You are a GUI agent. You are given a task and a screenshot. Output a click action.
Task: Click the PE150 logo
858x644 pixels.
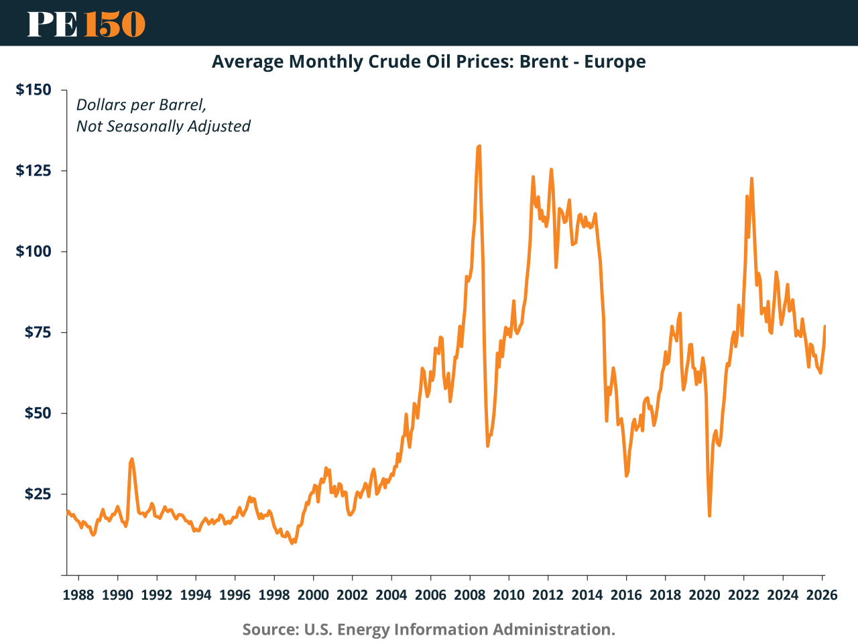86,23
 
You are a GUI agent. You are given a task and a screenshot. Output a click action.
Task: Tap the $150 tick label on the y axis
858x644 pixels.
34,89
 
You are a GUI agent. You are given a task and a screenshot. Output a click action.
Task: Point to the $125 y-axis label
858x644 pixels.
34,170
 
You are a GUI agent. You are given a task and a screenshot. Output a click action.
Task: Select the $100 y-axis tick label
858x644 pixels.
34,252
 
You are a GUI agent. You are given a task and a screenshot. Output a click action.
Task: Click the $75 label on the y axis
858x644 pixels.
38,332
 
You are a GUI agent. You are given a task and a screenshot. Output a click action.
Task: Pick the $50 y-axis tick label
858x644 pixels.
38,413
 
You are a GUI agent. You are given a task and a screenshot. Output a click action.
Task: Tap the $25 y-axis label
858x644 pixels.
38,494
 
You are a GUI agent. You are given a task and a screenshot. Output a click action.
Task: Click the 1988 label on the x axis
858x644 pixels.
78,594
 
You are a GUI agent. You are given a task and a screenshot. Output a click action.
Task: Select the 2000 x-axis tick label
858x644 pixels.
313,594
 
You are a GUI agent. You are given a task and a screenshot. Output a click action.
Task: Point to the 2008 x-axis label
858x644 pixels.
469,594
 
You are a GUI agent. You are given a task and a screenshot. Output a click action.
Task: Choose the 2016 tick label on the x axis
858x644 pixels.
626,594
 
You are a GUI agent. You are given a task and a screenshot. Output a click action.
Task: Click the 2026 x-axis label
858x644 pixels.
821,594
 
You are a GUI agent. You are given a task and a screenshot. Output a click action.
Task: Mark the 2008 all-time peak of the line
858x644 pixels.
479,146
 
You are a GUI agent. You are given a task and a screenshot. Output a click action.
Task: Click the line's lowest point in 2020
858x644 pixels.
709,515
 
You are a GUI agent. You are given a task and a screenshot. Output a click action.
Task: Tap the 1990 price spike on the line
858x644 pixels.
132,459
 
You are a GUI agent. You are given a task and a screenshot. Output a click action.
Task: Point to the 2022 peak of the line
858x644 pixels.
751,178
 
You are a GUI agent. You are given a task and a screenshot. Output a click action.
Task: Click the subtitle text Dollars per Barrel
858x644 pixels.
141,105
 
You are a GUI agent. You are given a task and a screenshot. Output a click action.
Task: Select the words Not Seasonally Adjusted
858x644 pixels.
163,126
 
